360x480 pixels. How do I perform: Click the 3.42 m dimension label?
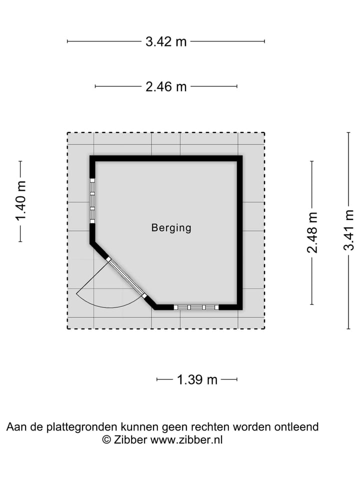tap(166, 41)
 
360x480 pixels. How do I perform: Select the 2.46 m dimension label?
tap(166, 86)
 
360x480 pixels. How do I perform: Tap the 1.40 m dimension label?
tap(21, 201)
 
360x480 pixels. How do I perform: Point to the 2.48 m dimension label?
tap(312, 232)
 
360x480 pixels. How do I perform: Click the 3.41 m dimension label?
tap(348, 230)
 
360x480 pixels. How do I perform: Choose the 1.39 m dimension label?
tap(197, 380)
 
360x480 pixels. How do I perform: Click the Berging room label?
tap(171, 228)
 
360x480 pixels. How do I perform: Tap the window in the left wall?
tap(92, 201)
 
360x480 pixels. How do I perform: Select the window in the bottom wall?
tap(196, 307)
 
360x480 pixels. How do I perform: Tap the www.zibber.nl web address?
tap(186, 440)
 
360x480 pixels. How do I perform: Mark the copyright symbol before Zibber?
tap(106, 440)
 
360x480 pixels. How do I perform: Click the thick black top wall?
tap(166, 158)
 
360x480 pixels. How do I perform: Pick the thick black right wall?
tap(239, 232)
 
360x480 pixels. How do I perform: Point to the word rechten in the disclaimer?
tap(210, 426)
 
